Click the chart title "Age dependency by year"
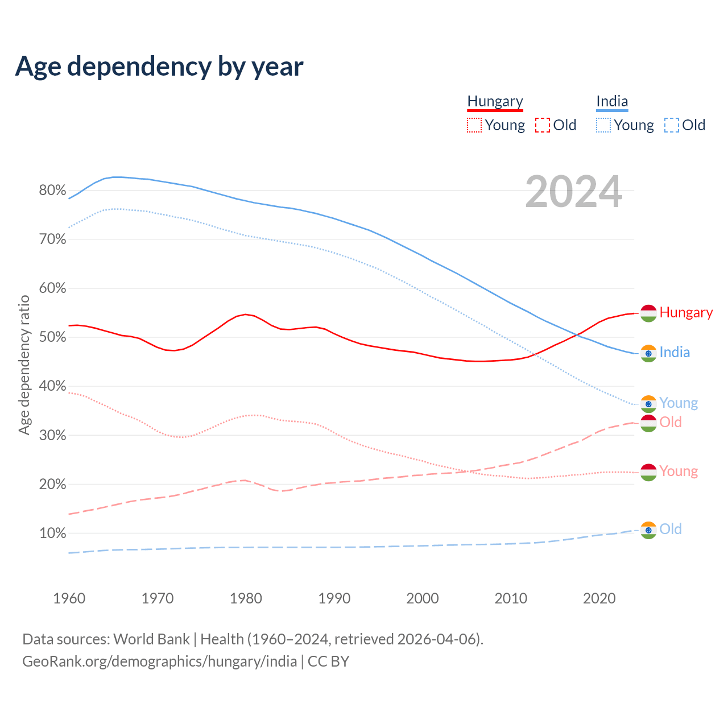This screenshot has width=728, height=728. pos(159,67)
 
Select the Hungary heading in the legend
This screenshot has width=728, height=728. pos(495,101)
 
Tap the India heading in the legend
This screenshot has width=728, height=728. pos(612,101)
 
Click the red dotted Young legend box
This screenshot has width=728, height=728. pos(474,125)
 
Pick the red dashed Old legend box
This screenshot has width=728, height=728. pos(543,125)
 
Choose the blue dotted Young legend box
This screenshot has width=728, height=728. pos(603,125)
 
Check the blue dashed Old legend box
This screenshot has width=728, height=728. pos(672,125)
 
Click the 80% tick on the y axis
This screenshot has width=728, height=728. pos(52,191)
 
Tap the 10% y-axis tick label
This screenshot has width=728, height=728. pos(52,533)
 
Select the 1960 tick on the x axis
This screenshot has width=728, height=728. pos(69,598)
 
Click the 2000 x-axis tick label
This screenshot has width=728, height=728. pos(423,598)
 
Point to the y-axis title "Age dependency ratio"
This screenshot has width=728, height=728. pos(24,365)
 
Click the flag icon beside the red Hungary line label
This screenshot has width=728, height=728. pos(648,313)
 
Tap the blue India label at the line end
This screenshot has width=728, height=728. pos(675,353)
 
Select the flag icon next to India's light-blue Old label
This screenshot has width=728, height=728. pos(648,530)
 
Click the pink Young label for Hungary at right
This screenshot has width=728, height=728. pos(679,471)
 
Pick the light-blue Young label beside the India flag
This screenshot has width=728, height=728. pos(679,403)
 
